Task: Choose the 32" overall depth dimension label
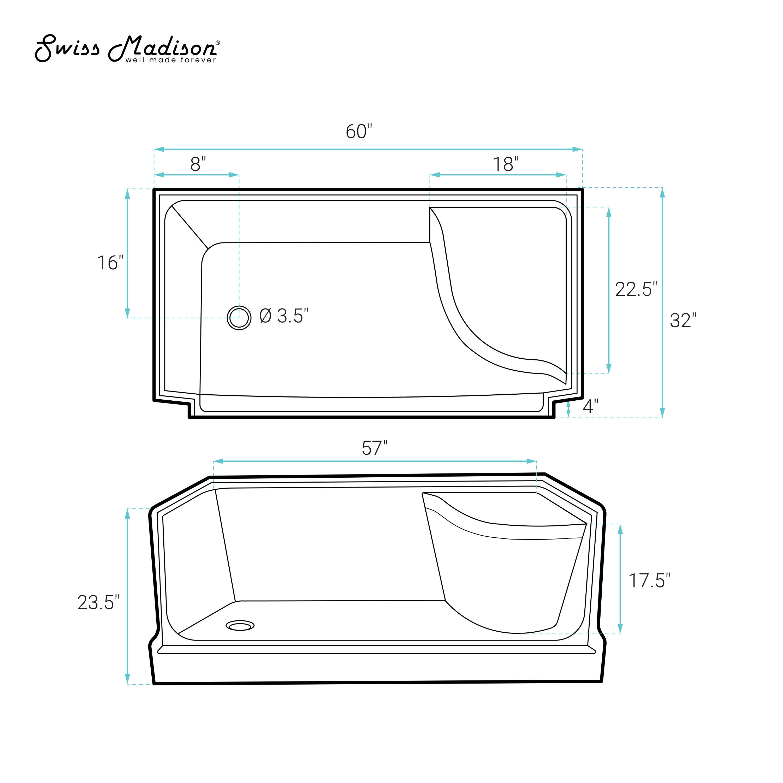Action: click(x=683, y=321)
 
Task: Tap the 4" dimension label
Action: click(x=590, y=406)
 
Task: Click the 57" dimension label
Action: click(x=375, y=448)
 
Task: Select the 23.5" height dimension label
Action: click(x=98, y=603)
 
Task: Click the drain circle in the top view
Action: click(x=239, y=317)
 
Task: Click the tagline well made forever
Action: click(x=171, y=60)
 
